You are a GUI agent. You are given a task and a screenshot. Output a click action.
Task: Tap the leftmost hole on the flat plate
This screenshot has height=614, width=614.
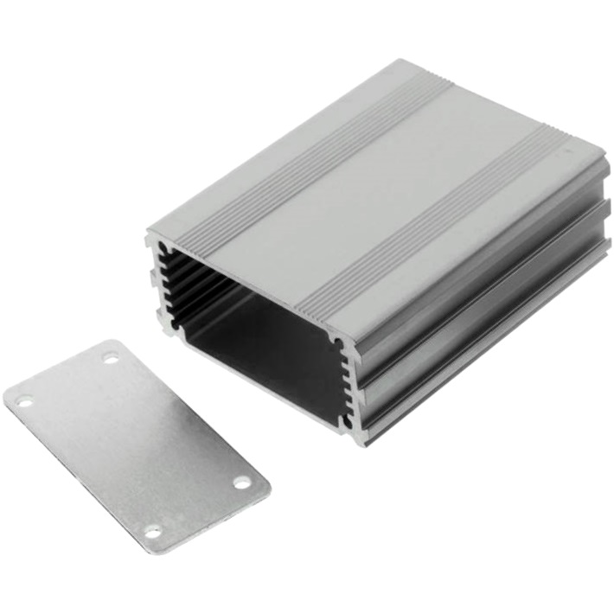tap(23, 401)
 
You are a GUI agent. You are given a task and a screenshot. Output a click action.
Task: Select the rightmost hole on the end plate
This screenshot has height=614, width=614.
tap(241, 482)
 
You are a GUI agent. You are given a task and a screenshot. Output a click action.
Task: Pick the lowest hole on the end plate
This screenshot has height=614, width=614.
tap(153, 531)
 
